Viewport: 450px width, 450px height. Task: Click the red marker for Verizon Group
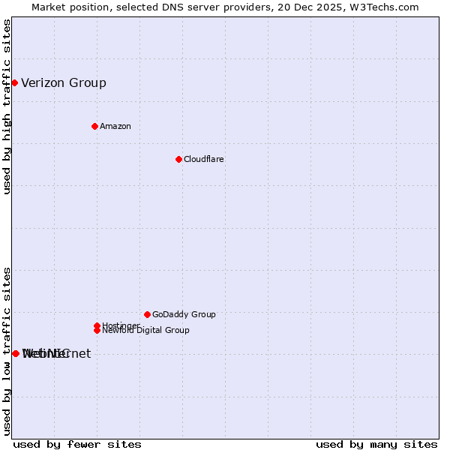(14, 82)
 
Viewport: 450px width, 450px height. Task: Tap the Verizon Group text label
(64, 83)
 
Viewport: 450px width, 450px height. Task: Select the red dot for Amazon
(94, 126)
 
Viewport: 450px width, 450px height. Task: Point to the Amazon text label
(115, 126)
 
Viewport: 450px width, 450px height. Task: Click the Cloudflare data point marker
(178, 159)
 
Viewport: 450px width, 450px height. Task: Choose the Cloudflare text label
(204, 159)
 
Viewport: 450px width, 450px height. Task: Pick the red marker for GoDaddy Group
(147, 314)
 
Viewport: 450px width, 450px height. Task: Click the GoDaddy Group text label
(184, 314)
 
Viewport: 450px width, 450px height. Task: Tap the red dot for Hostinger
(97, 325)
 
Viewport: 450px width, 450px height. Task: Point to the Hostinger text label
(121, 325)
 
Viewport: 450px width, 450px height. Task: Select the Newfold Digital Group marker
(97, 330)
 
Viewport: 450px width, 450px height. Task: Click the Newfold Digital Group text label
(146, 331)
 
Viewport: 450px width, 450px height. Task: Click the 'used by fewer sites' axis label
(77, 444)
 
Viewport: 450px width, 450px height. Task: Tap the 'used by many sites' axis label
(376, 444)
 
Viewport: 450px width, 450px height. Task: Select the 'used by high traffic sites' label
(7, 106)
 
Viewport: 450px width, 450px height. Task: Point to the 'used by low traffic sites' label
(7, 351)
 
